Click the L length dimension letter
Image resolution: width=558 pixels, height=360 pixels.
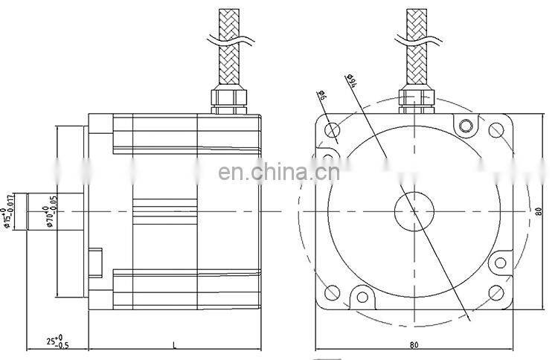(174, 344)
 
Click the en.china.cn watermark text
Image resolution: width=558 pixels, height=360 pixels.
(278, 173)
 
